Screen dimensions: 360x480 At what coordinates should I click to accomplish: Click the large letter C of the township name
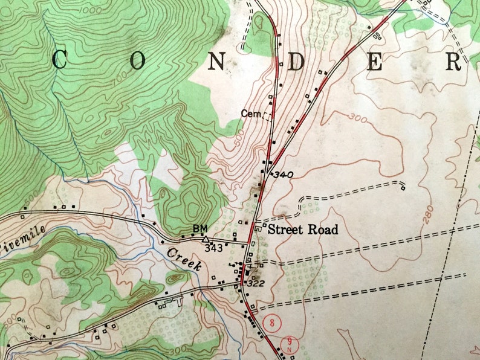pyautogui.click(x=59, y=60)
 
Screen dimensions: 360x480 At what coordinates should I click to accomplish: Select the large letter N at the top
pyautogui.click(x=217, y=60)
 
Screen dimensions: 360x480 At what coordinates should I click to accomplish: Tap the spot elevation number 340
pyautogui.click(x=283, y=175)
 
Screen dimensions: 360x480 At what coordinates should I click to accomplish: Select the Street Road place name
pyautogui.click(x=303, y=230)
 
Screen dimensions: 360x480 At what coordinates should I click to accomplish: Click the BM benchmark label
pyautogui.click(x=199, y=228)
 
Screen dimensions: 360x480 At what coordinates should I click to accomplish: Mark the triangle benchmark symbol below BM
pyautogui.click(x=205, y=239)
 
